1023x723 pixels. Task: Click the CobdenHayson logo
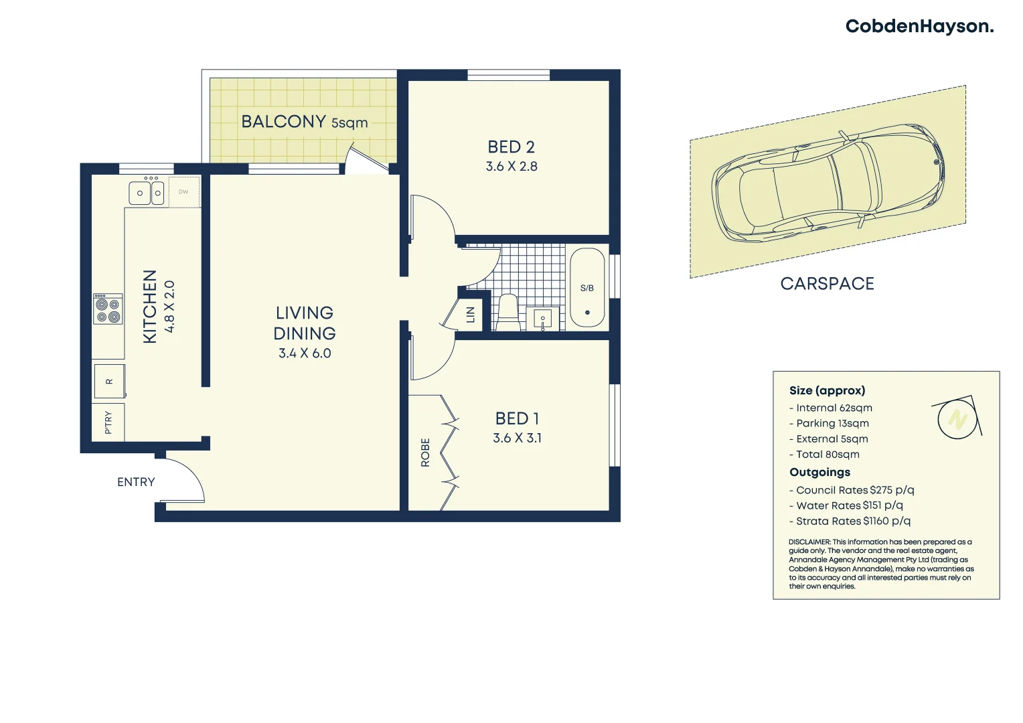[x=919, y=27]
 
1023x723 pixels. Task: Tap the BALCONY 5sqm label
[x=304, y=122]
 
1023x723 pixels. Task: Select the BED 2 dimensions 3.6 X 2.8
[x=511, y=167]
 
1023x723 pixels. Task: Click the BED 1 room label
[x=517, y=418]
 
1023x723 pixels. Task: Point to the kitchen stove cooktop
[x=108, y=309]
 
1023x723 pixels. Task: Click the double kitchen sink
[x=147, y=193]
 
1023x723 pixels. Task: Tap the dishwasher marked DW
[x=183, y=192]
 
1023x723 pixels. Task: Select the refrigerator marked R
[x=108, y=382]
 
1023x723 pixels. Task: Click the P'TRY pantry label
[x=108, y=422]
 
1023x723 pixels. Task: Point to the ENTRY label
[x=136, y=482]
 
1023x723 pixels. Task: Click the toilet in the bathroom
[x=508, y=312]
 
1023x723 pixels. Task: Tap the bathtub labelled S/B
[x=587, y=289]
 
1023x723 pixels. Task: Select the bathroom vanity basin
[x=542, y=319]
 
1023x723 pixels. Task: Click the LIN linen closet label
[x=471, y=314]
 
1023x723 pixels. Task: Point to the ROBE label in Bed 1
[x=425, y=452]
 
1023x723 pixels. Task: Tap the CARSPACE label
[x=827, y=284]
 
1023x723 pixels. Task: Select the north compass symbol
[x=957, y=419]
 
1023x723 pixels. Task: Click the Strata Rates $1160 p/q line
[x=850, y=521]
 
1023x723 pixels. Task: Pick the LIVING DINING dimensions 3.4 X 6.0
[x=305, y=353]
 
